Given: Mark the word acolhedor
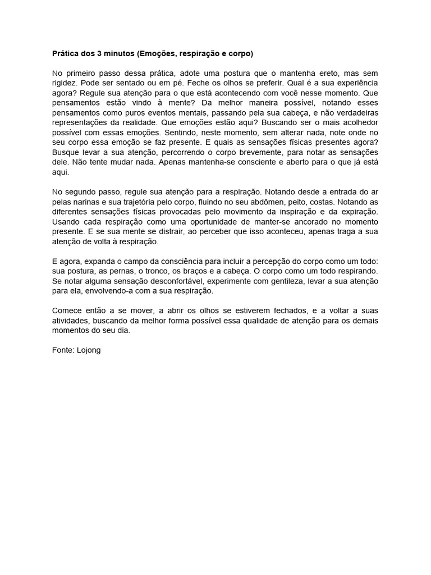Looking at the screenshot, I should click(x=356, y=122).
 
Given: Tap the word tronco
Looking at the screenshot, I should click(x=156, y=270).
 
